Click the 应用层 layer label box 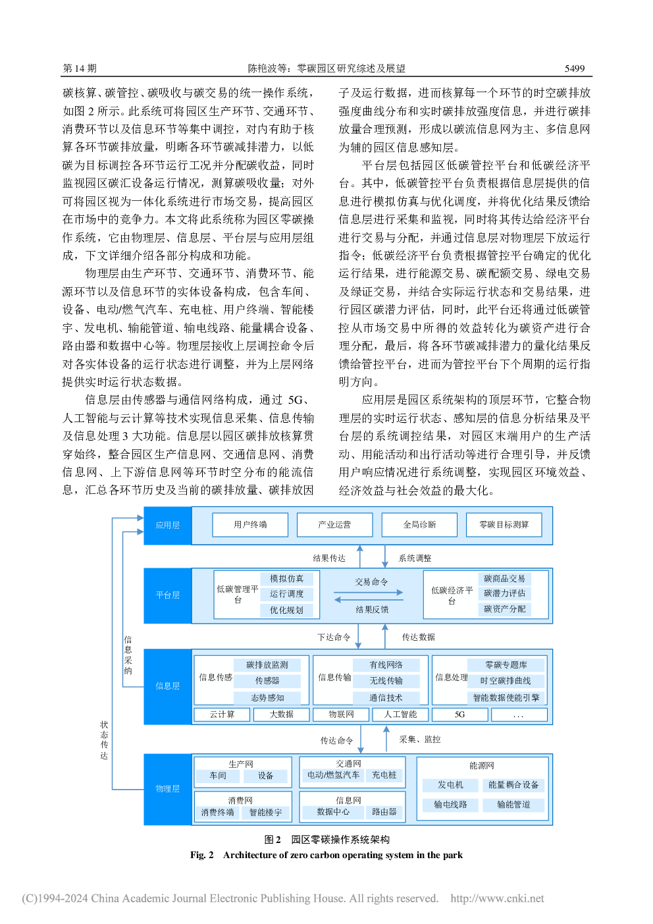167,525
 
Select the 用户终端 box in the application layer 250,525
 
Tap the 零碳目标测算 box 504,525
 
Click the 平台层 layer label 167,595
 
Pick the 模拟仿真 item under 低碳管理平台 286,579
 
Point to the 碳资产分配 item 505,609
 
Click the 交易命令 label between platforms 371,582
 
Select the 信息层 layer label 167,686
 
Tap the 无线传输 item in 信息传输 386,680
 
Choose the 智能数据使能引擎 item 506,697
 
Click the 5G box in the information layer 459,715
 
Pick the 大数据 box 281,715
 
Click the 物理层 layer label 167,789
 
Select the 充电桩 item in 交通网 384,775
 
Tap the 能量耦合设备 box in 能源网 513,784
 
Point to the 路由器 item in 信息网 384,812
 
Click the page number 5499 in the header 574,68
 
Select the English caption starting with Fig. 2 326,855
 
